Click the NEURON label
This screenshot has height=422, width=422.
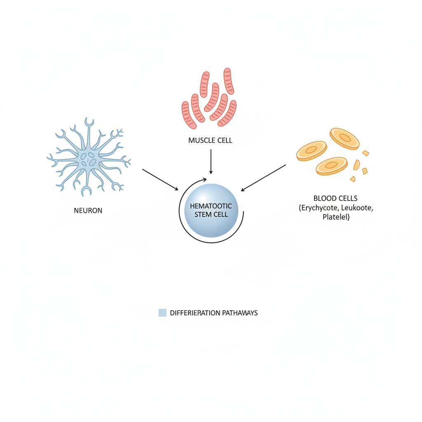88,210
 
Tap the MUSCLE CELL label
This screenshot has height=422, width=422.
210,141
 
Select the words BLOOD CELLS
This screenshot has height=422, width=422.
335,198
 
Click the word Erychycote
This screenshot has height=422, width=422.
319,208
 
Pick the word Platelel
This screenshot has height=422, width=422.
336,217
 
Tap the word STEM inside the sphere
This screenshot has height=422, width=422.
201,214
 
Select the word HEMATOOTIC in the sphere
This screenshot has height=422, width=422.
211,206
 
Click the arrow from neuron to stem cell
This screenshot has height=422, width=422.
160,179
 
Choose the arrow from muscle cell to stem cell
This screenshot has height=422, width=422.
211,161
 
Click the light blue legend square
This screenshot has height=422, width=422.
162,313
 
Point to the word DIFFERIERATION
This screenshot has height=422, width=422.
195,313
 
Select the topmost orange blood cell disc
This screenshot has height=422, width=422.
345,138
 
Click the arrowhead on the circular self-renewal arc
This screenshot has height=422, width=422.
204,179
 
